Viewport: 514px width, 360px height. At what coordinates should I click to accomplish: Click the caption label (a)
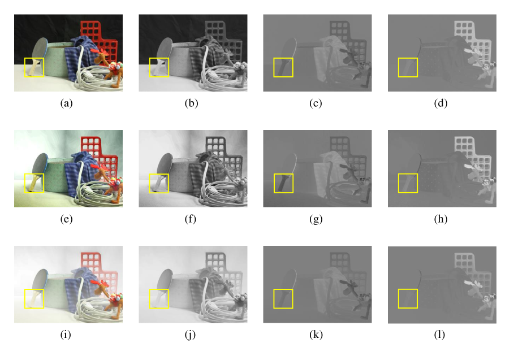66,103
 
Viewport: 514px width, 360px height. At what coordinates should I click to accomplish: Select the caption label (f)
191,219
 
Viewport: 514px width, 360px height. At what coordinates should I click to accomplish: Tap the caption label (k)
316,335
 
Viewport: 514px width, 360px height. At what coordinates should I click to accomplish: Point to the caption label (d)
440,103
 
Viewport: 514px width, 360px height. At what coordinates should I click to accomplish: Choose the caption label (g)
316,219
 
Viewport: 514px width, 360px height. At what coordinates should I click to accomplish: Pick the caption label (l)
439,335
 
